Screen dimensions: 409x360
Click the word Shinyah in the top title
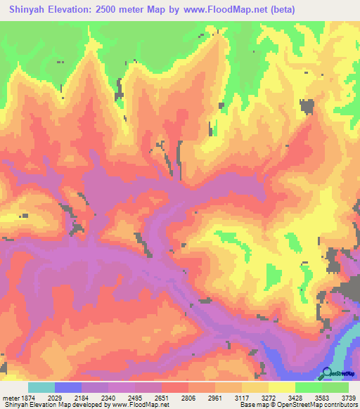(x=29, y=9)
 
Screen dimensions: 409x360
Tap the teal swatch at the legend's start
(x=41, y=387)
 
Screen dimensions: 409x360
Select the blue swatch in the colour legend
(x=68, y=387)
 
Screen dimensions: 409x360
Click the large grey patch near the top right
(x=306, y=106)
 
